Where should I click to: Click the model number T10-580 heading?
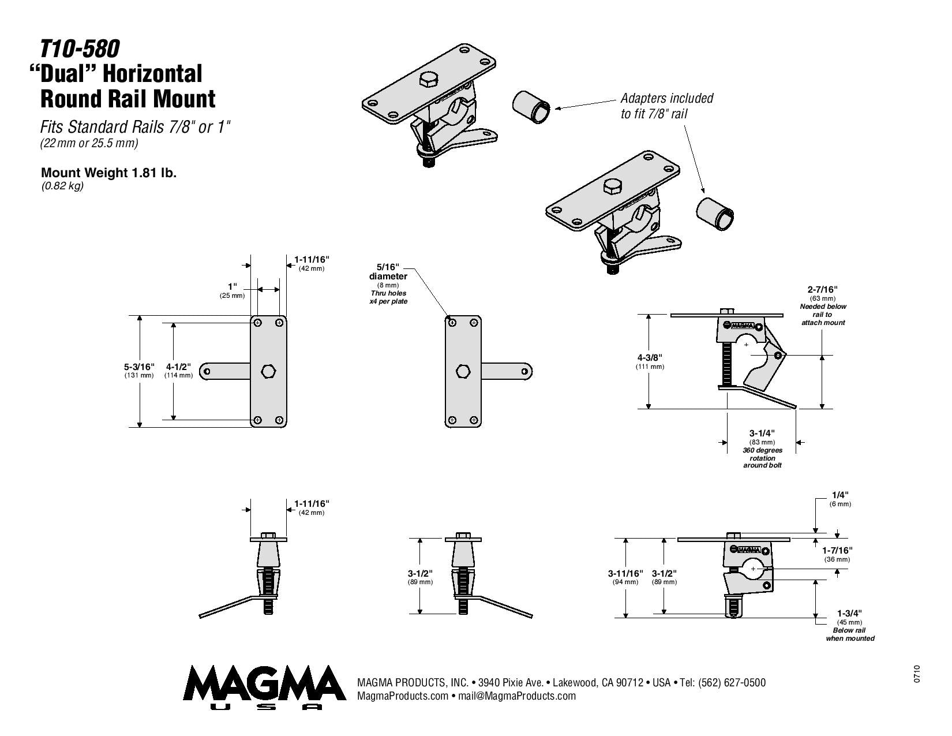80,49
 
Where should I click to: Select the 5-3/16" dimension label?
139,367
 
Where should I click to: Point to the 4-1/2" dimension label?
178,367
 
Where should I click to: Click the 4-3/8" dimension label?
650,357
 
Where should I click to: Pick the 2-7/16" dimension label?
823,289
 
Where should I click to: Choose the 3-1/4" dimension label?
762,434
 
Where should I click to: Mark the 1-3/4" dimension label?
849,613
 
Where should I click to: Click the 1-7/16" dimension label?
837,550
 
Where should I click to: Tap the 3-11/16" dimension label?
625,573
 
